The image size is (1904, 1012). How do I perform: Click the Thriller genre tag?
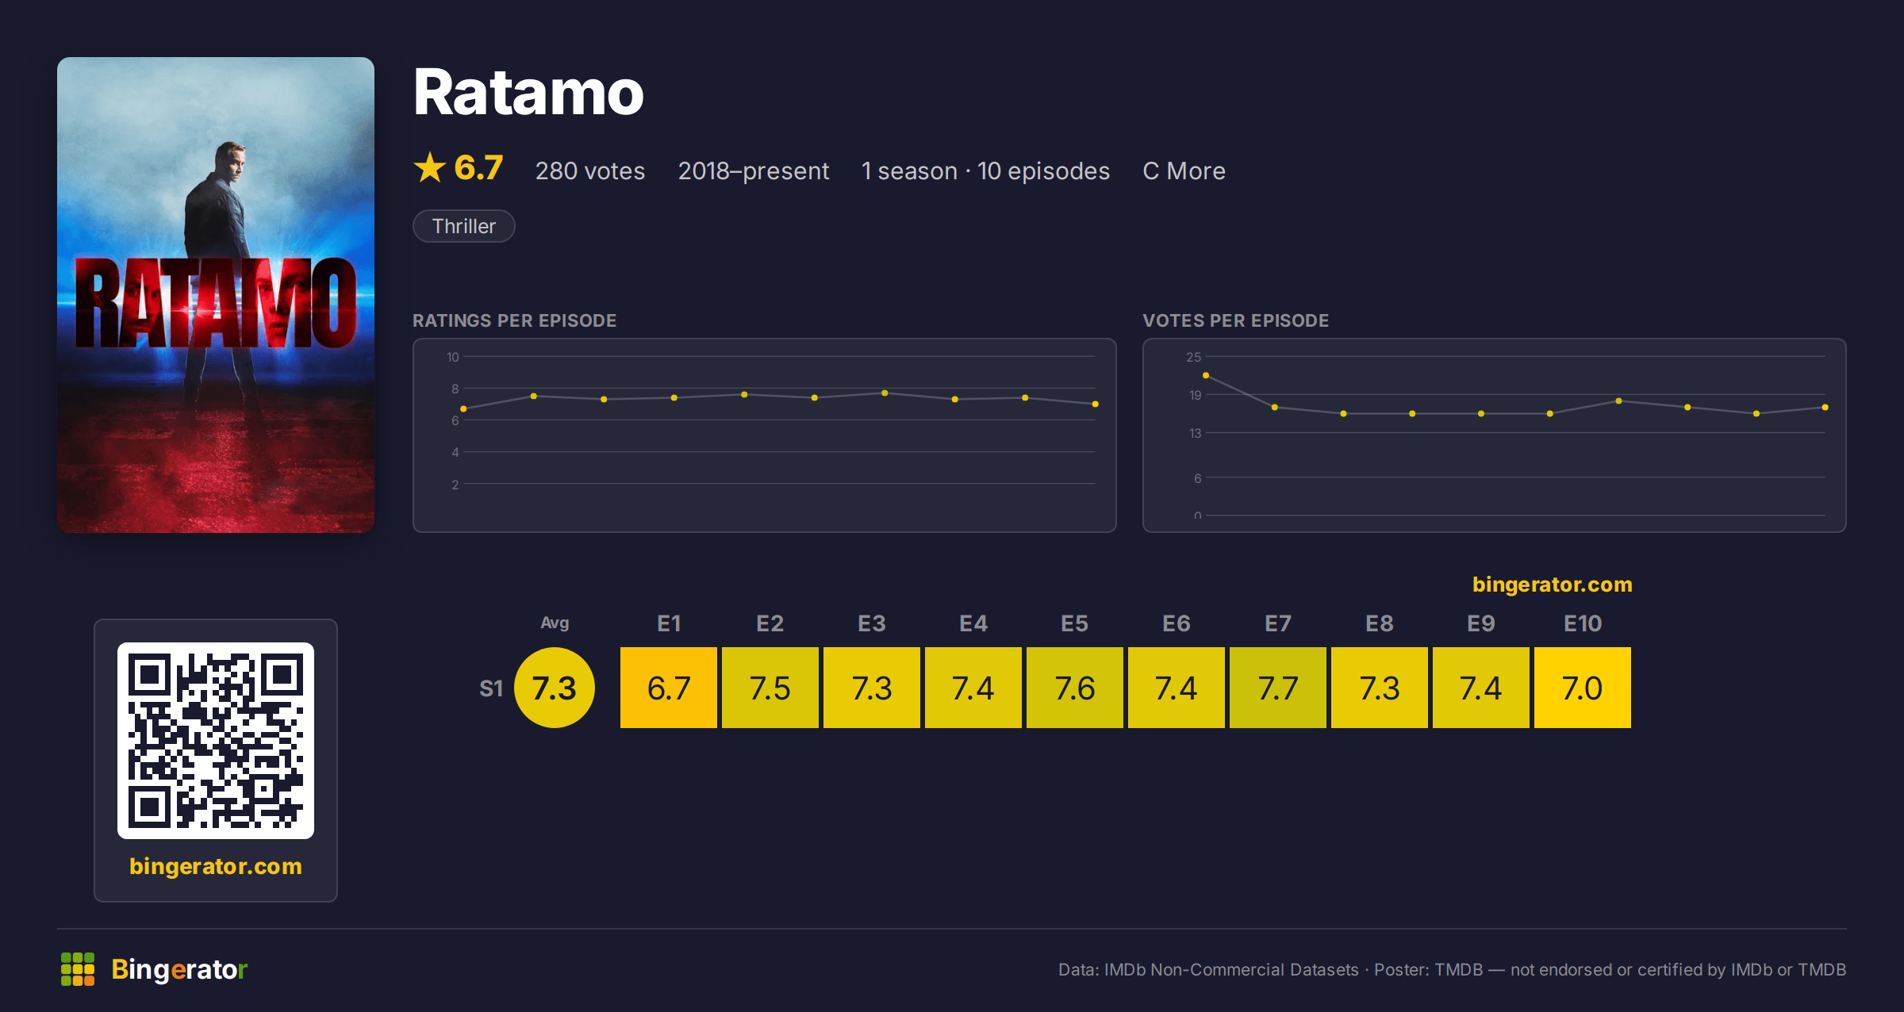(x=464, y=226)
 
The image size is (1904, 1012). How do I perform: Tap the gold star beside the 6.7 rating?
(x=430, y=167)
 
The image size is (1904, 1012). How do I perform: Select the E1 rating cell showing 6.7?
(x=669, y=688)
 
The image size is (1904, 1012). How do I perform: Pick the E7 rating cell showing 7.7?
(x=1278, y=688)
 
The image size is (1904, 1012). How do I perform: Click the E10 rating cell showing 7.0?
(x=1583, y=688)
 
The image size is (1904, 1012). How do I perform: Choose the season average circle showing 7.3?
(x=555, y=688)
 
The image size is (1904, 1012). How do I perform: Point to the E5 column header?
(x=1075, y=623)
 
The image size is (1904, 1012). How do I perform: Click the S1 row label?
(x=491, y=688)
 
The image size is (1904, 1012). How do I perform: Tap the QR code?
(x=216, y=741)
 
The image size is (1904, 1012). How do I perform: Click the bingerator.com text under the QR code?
(x=216, y=866)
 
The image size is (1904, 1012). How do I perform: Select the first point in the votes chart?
(x=1206, y=375)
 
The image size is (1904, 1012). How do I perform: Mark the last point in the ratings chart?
(x=1096, y=404)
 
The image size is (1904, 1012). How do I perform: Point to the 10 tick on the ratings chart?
(x=453, y=357)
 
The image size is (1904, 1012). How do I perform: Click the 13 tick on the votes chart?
(x=1196, y=433)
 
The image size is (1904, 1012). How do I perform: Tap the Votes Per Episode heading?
(x=1236, y=320)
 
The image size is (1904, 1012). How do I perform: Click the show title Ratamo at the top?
(x=528, y=93)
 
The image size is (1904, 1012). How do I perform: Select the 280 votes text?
(x=590, y=171)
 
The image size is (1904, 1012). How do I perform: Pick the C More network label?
(x=1184, y=171)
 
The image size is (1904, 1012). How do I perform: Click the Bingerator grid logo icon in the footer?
(x=78, y=969)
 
